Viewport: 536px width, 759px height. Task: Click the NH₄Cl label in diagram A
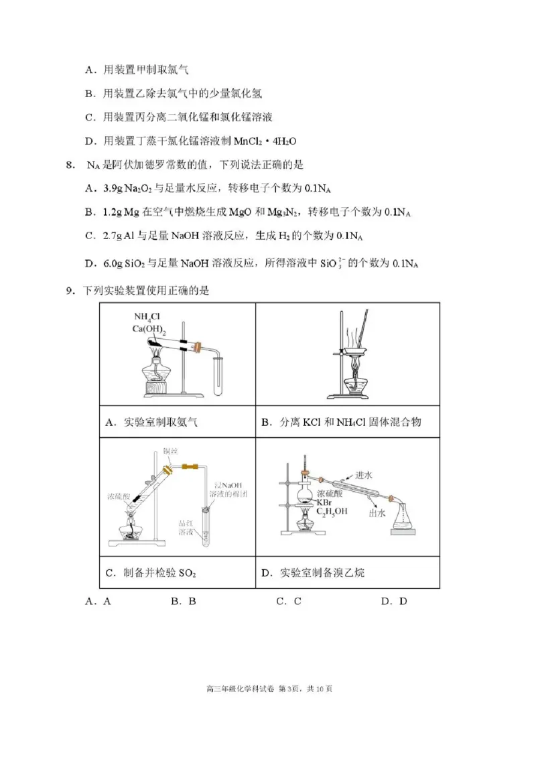(x=147, y=317)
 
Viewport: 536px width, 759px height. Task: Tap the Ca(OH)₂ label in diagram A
(x=149, y=328)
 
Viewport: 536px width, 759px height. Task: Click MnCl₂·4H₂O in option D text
(x=265, y=141)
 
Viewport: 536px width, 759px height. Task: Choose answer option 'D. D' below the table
(x=394, y=601)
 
